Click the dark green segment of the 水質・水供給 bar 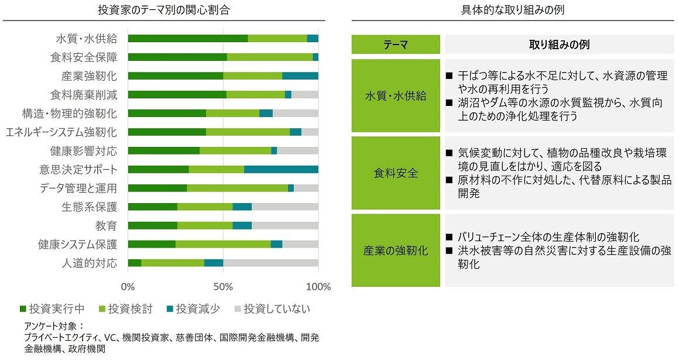coord(187,39)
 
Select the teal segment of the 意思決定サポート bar coord(281,169)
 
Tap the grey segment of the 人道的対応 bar coord(270,263)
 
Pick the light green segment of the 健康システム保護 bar coord(223,244)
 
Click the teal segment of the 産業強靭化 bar coord(300,76)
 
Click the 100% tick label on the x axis coord(318,287)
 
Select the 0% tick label coord(128,287)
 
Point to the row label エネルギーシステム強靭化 coord(61,132)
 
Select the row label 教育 coord(106,225)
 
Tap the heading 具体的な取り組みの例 coord(513,10)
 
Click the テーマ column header coord(395,45)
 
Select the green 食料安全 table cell coord(395,173)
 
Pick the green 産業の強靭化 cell coord(395,251)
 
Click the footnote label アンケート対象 coord(53,325)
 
